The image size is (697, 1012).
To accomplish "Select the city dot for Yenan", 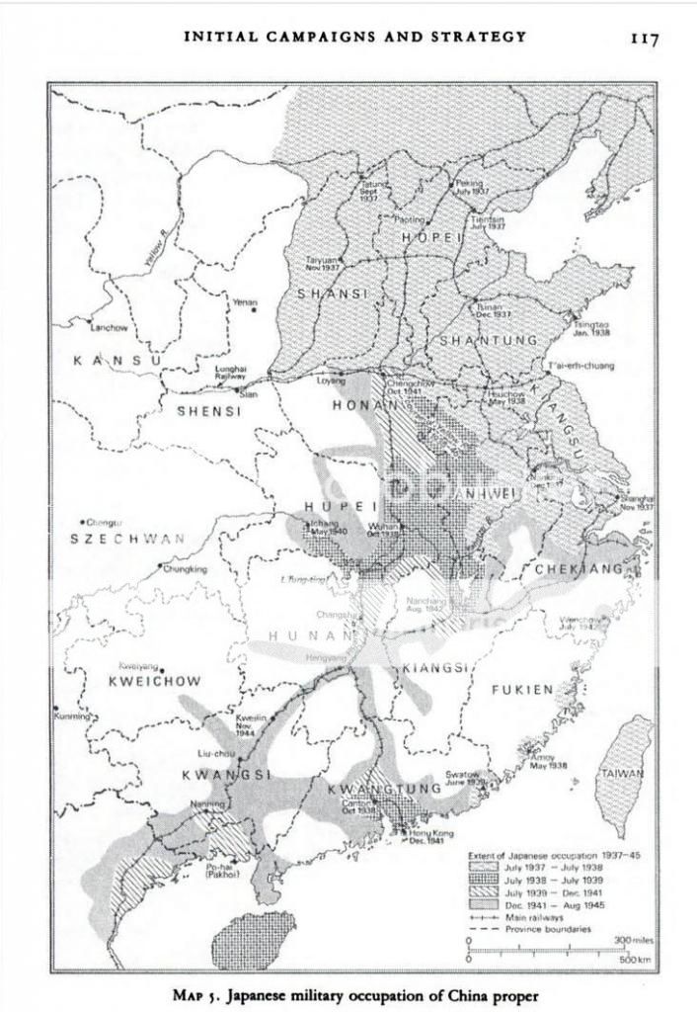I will click(x=254, y=310).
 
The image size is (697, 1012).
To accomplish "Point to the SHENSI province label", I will click(x=208, y=411).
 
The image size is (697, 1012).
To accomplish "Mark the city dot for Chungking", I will click(x=160, y=567).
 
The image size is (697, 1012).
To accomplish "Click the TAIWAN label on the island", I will click(x=622, y=774).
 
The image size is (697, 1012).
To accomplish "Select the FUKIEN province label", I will click(x=522, y=690).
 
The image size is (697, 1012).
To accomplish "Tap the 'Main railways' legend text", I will click(x=537, y=917).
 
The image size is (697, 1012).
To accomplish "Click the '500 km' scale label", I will click(x=634, y=959).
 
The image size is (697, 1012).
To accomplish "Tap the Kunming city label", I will click(x=70, y=716).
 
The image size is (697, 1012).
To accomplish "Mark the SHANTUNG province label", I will click(x=488, y=340).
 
